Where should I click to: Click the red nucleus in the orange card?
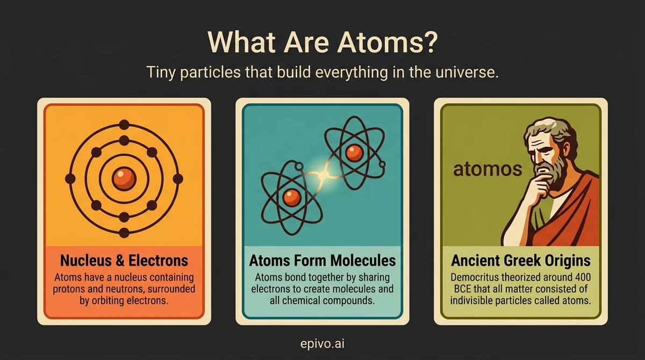click(x=124, y=178)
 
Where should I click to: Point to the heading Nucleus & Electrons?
click(x=124, y=261)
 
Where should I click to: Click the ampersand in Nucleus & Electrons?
click(x=119, y=261)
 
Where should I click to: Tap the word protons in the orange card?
click(x=74, y=289)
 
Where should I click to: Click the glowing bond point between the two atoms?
click(x=323, y=174)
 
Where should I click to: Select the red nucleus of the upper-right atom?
click(x=353, y=152)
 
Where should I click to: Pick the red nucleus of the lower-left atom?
click(x=292, y=197)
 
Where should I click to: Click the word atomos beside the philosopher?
click(x=488, y=169)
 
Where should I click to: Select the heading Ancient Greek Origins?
click(x=521, y=261)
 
